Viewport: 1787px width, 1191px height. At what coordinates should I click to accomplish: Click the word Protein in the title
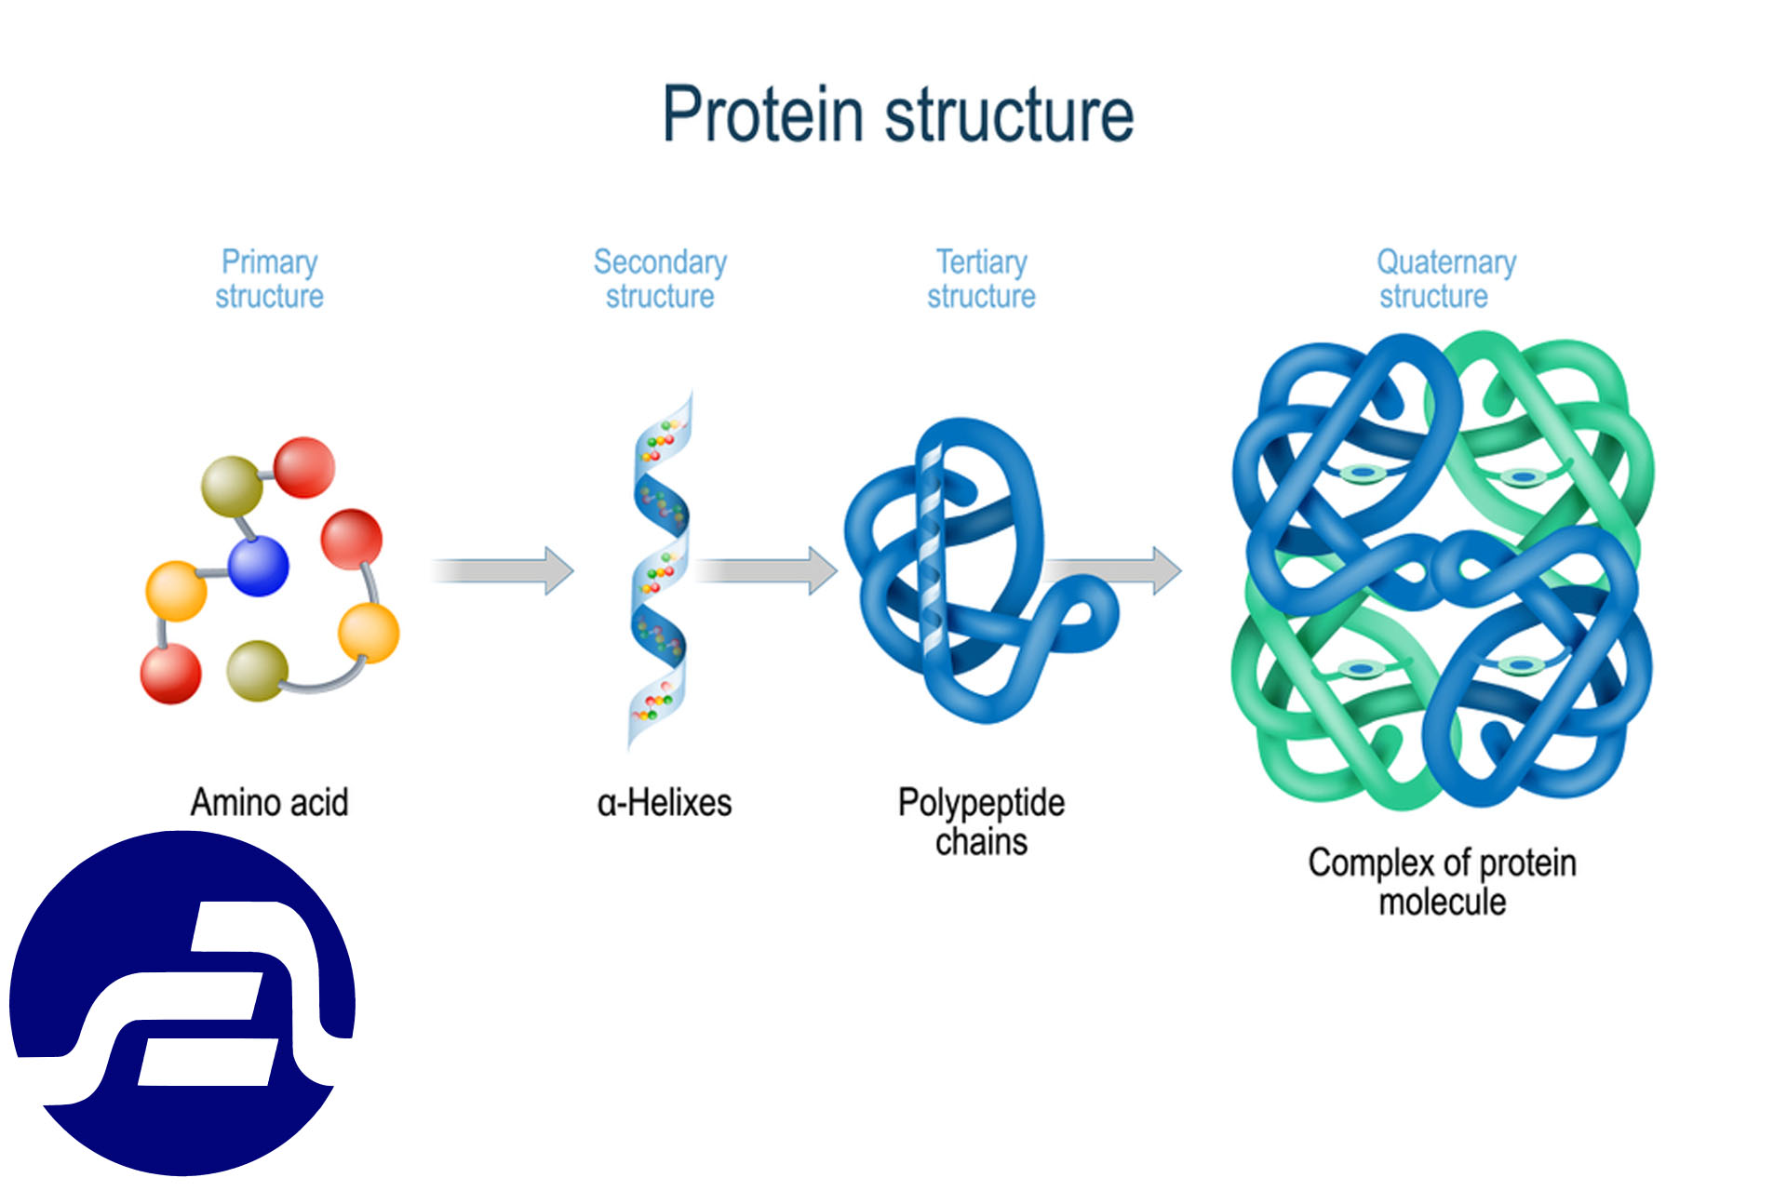[x=762, y=114]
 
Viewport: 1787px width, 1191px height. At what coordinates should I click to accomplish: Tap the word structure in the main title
[x=1009, y=114]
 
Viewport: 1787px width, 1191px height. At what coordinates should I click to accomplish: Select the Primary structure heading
[x=269, y=278]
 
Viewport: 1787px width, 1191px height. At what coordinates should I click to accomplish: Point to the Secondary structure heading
[x=660, y=278]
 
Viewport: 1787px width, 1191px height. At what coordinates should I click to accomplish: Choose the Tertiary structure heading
[x=981, y=278]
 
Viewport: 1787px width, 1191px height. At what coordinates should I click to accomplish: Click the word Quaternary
[x=1446, y=262]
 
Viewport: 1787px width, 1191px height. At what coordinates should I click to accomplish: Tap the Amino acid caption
[x=269, y=802]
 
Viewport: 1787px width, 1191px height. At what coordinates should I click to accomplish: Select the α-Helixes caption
[x=664, y=802]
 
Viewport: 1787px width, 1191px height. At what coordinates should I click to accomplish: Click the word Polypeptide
[x=981, y=802]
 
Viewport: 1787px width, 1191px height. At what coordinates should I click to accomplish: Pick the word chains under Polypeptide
[x=981, y=842]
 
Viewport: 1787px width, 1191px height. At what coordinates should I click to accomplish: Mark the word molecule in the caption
[x=1442, y=902]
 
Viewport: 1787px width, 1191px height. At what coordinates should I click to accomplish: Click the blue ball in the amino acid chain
[x=258, y=565]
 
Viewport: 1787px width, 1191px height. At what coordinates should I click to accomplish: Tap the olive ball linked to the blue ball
[x=231, y=486]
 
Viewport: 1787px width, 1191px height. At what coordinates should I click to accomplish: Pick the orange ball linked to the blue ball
[x=176, y=591]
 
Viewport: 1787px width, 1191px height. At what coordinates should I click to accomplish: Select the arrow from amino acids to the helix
[x=503, y=570]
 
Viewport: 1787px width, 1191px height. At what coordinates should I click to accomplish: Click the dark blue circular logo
[x=181, y=1003]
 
